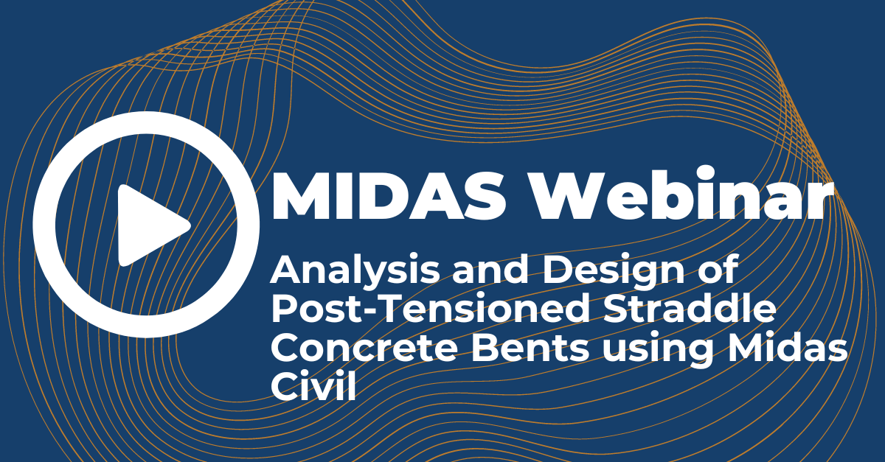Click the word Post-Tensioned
(431, 310)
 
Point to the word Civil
(313, 387)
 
